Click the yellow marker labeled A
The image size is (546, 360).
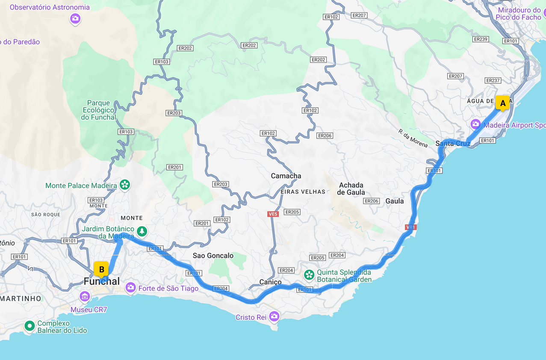[x=502, y=103]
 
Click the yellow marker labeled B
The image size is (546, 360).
[x=101, y=269]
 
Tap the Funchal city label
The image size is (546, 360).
[x=102, y=281]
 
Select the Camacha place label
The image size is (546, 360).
[x=286, y=176]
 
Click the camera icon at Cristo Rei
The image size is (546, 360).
[x=274, y=316]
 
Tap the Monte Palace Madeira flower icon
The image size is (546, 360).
[x=125, y=185]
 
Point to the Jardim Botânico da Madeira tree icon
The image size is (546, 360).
[x=142, y=232]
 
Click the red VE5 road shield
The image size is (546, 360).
[x=273, y=214]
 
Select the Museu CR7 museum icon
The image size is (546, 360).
[x=85, y=296]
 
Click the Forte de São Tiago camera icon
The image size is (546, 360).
[x=130, y=288]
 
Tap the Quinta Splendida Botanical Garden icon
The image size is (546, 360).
[x=309, y=275]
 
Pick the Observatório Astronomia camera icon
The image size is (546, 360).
[x=75, y=18]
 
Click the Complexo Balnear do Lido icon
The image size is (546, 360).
[x=30, y=326]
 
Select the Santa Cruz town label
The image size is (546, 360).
[x=453, y=143]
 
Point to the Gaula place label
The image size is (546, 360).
[x=394, y=201]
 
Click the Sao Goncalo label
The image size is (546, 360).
[x=213, y=256]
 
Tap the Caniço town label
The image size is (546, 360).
[x=271, y=282]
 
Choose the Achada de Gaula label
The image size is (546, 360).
[x=351, y=189]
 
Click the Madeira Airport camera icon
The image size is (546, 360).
[x=475, y=124]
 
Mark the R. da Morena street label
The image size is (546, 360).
[x=413, y=138]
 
